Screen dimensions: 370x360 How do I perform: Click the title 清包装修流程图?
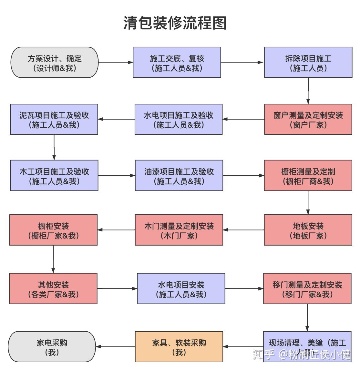tap(175, 23)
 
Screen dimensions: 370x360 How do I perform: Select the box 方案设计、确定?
tap(55, 63)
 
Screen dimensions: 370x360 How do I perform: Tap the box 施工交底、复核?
tap(177, 63)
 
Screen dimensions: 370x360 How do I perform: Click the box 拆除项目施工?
tap(308, 63)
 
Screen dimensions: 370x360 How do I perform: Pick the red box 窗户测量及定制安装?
tap(308, 119)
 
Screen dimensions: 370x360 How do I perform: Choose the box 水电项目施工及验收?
tap(179, 119)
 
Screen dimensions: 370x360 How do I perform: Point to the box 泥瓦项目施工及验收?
tap(54, 119)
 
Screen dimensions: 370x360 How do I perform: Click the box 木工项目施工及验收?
tap(54, 176)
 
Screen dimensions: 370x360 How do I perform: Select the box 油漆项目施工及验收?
tap(179, 176)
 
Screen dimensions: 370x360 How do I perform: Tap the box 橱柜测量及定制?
tap(308, 176)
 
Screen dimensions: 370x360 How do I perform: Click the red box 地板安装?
tap(308, 230)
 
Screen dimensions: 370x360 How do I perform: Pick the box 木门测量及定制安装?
tap(179, 230)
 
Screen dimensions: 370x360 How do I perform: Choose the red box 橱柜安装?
tap(53, 230)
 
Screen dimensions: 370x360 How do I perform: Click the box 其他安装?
tap(53, 289)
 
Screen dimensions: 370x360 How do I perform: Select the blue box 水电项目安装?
tap(181, 289)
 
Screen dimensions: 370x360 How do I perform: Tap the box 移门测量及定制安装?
tap(307, 289)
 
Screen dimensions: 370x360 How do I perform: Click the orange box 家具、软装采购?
tap(179, 347)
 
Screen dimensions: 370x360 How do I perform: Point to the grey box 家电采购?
tap(52, 347)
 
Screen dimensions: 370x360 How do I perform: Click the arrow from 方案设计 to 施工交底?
tap(116, 63)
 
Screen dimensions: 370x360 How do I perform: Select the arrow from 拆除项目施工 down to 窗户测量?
tap(308, 91)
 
